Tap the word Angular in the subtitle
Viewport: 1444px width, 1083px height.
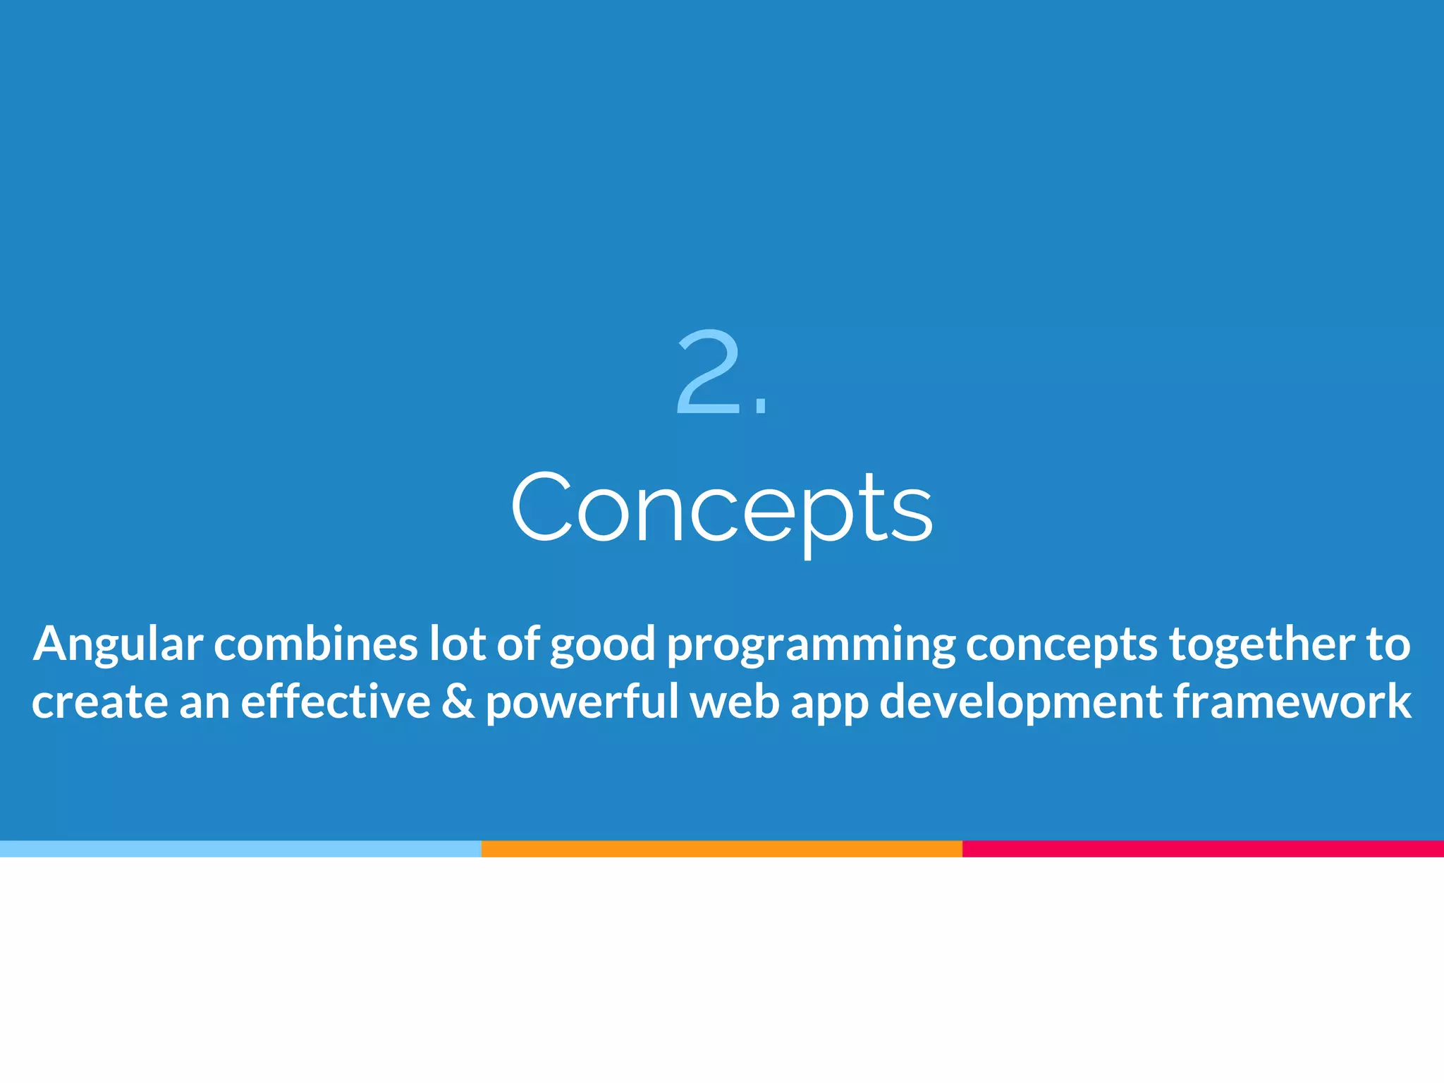(x=118, y=645)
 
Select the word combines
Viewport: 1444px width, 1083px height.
(x=316, y=644)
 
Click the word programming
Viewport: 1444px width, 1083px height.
(x=811, y=645)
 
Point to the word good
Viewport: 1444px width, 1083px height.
(x=603, y=645)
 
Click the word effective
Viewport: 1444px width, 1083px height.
(x=336, y=702)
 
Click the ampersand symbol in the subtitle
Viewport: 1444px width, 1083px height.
(x=458, y=702)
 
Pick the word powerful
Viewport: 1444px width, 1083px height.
(x=582, y=703)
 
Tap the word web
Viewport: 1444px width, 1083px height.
(x=734, y=702)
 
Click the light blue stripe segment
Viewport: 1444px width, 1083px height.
(x=240, y=849)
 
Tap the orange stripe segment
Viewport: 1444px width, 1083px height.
(x=721, y=849)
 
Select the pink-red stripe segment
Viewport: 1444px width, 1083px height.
(x=1203, y=849)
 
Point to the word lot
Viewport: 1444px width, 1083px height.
(x=457, y=644)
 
